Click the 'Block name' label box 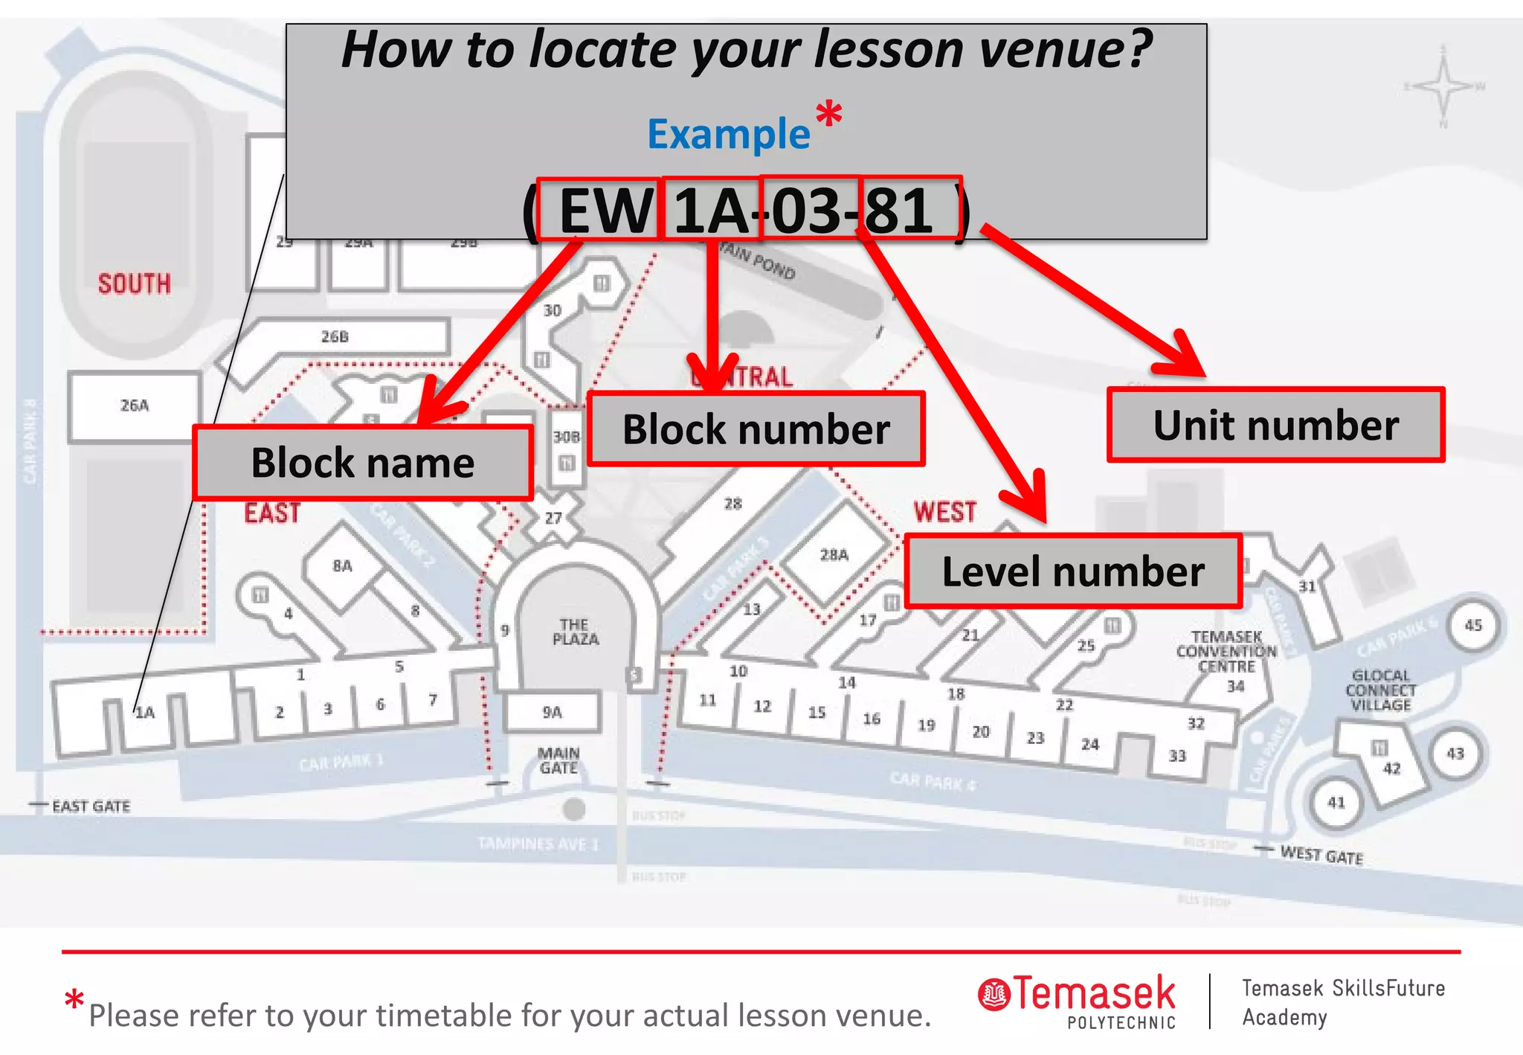(x=363, y=462)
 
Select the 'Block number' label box (x=756, y=429)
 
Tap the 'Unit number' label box (x=1275, y=425)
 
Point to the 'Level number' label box (x=1073, y=571)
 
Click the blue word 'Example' (x=729, y=134)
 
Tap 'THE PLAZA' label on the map (x=575, y=632)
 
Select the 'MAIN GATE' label (x=558, y=760)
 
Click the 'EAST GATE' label (x=91, y=807)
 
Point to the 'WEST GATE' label (x=1321, y=855)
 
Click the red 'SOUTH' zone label (x=135, y=283)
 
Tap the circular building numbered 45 (x=1473, y=626)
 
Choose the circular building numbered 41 (x=1336, y=803)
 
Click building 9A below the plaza (x=552, y=712)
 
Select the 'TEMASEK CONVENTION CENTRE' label (x=1227, y=652)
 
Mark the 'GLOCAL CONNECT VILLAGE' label (x=1381, y=690)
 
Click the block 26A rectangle (x=135, y=406)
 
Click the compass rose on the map (x=1443, y=86)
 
